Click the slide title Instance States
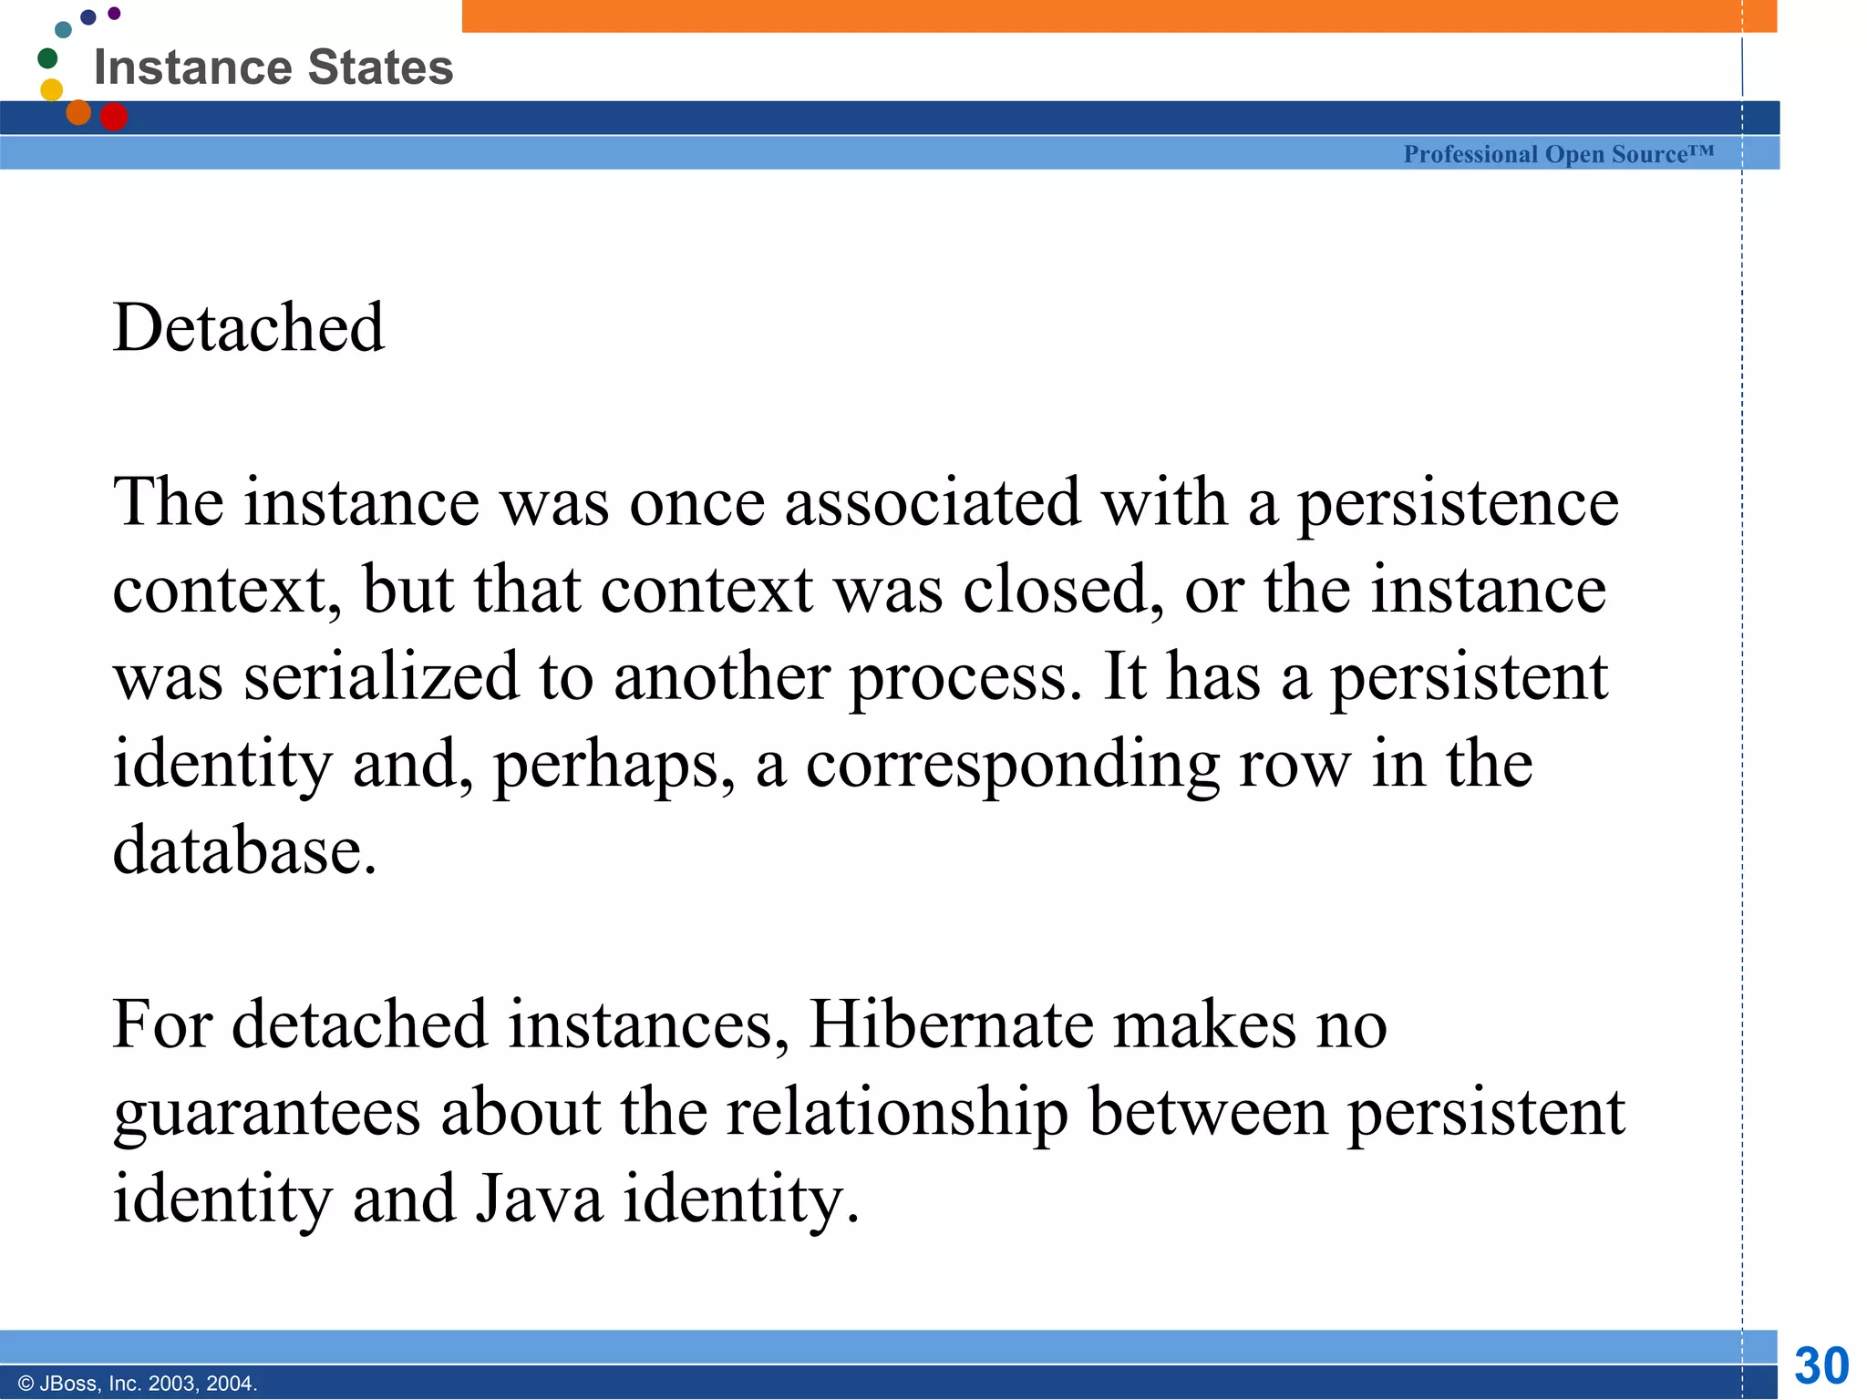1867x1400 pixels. tap(273, 67)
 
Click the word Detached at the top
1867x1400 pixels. tap(248, 327)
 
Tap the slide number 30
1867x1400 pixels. tap(1821, 1365)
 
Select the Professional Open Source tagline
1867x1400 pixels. tap(1558, 154)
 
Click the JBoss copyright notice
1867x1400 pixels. tap(138, 1384)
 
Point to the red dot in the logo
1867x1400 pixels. tap(114, 117)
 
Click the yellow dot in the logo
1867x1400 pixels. tap(52, 89)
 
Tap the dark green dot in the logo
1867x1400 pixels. tap(47, 58)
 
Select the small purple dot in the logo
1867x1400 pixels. tap(114, 13)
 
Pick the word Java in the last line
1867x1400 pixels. tap(539, 1199)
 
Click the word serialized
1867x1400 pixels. tap(380, 677)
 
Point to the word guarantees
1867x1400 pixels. tap(266, 1113)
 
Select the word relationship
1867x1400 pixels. tap(897, 1113)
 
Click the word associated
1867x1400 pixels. tap(933, 503)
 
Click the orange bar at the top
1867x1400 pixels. tap(1119, 15)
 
